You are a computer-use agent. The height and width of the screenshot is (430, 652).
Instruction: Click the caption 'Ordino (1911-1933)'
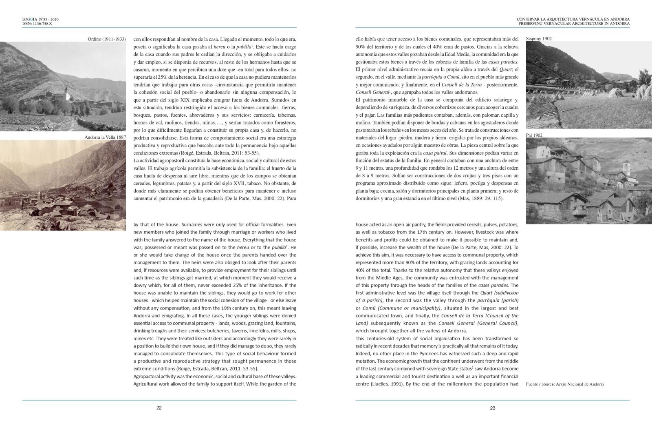106,39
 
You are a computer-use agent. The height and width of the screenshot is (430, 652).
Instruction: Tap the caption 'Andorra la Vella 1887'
105,137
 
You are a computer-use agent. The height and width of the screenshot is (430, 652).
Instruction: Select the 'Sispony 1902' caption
539,39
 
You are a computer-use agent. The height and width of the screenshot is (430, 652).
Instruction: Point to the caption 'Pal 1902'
534,135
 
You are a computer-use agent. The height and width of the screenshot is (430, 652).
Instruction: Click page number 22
159,408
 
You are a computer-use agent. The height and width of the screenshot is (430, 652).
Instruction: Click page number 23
492,408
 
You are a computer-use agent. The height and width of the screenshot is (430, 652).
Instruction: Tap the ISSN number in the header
37,24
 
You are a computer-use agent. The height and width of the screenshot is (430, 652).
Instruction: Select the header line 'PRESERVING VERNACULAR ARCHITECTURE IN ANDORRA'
574,24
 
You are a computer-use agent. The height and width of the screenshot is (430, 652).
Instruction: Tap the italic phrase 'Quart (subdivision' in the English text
499,293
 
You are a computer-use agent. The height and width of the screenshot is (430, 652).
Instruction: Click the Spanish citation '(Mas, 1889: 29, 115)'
481,199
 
